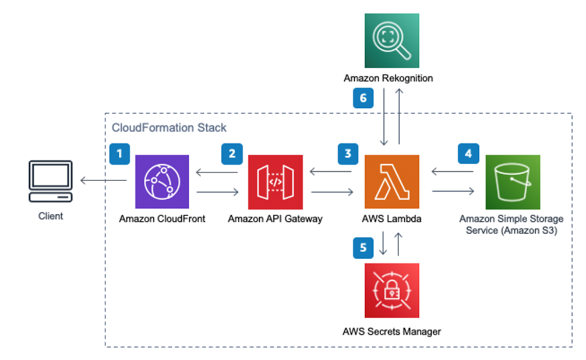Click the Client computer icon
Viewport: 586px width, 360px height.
[x=51, y=182]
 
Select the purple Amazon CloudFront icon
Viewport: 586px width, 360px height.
[x=162, y=182]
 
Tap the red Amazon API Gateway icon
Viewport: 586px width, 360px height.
[x=275, y=182]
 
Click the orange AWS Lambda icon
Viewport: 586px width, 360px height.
[x=391, y=182]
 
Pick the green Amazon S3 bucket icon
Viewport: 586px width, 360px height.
[x=512, y=182]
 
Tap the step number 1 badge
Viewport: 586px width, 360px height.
[x=119, y=154]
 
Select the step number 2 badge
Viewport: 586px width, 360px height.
[x=232, y=154]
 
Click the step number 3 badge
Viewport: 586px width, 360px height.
[x=348, y=154]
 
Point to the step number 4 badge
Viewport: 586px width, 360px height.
[x=468, y=154]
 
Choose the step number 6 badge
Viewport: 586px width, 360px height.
[x=363, y=98]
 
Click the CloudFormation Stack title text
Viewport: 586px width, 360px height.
[x=168, y=127]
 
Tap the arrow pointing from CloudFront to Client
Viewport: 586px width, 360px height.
[x=104, y=181]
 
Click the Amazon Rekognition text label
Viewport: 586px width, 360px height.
[x=388, y=78]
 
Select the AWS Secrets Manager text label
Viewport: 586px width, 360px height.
[x=391, y=331]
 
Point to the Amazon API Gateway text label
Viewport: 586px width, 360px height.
[x=275, y=219]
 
